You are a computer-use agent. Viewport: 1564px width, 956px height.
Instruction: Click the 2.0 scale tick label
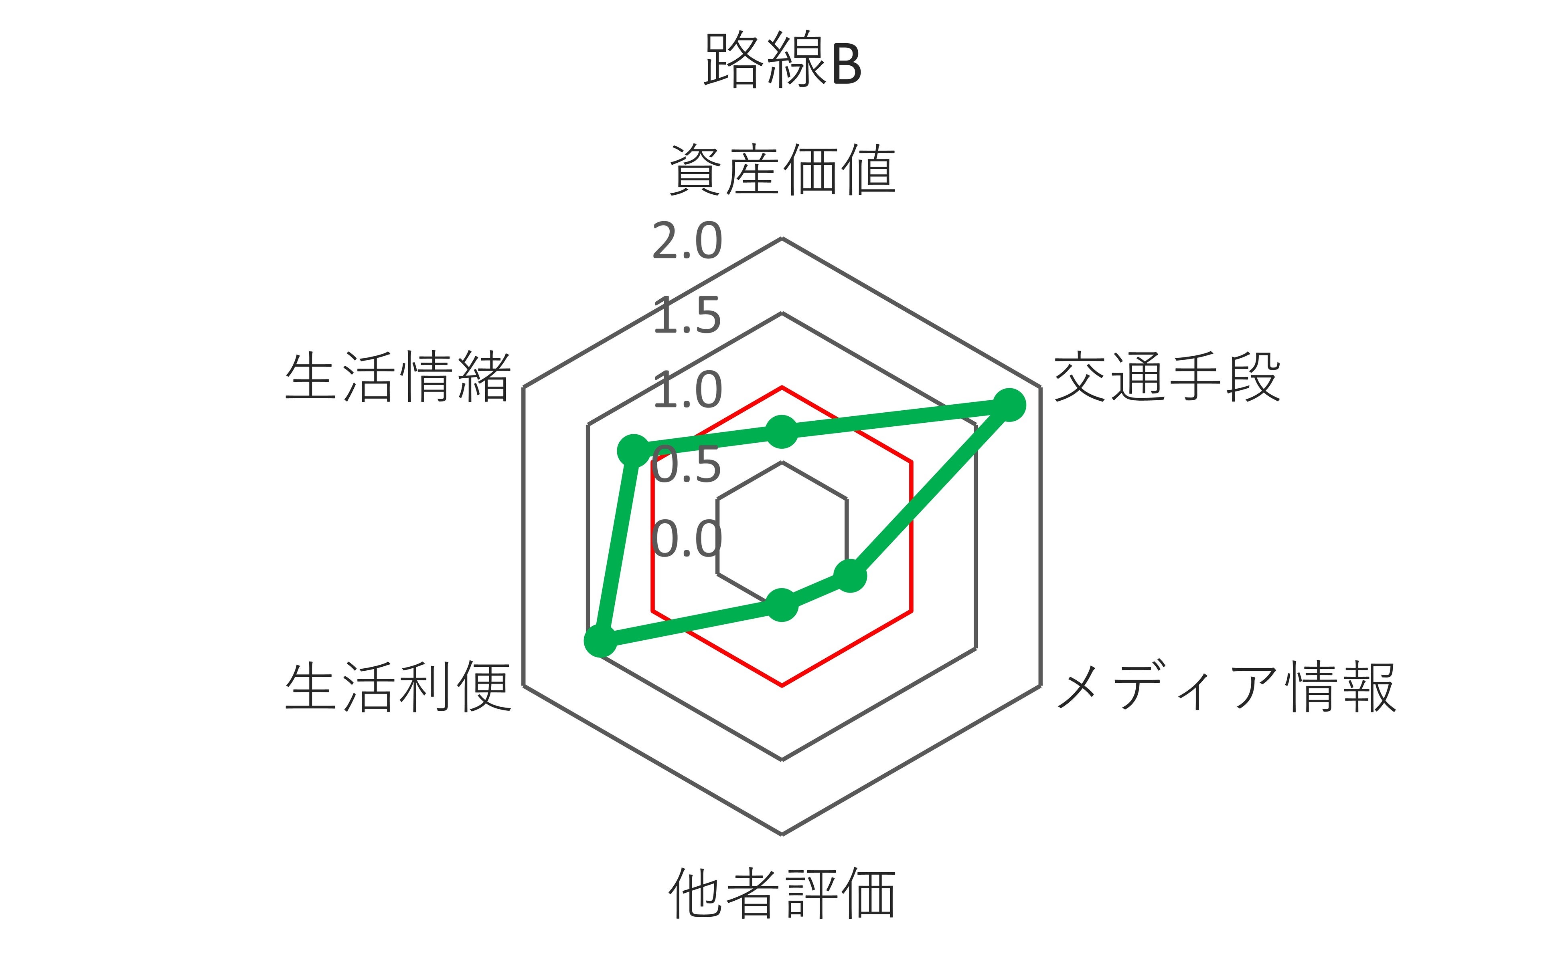click(x=687, y=242)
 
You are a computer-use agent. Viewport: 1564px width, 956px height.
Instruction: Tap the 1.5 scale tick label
click(x=687, y=316)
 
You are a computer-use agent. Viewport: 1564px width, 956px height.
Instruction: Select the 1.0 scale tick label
click(x=687, y=391)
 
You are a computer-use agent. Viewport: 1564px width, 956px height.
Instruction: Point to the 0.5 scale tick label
click(x=687, y=465)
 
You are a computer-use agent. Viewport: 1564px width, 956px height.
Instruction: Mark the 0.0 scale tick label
click(x=687, y=540)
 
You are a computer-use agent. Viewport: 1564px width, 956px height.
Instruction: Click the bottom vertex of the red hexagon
click(x=782, y=686)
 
